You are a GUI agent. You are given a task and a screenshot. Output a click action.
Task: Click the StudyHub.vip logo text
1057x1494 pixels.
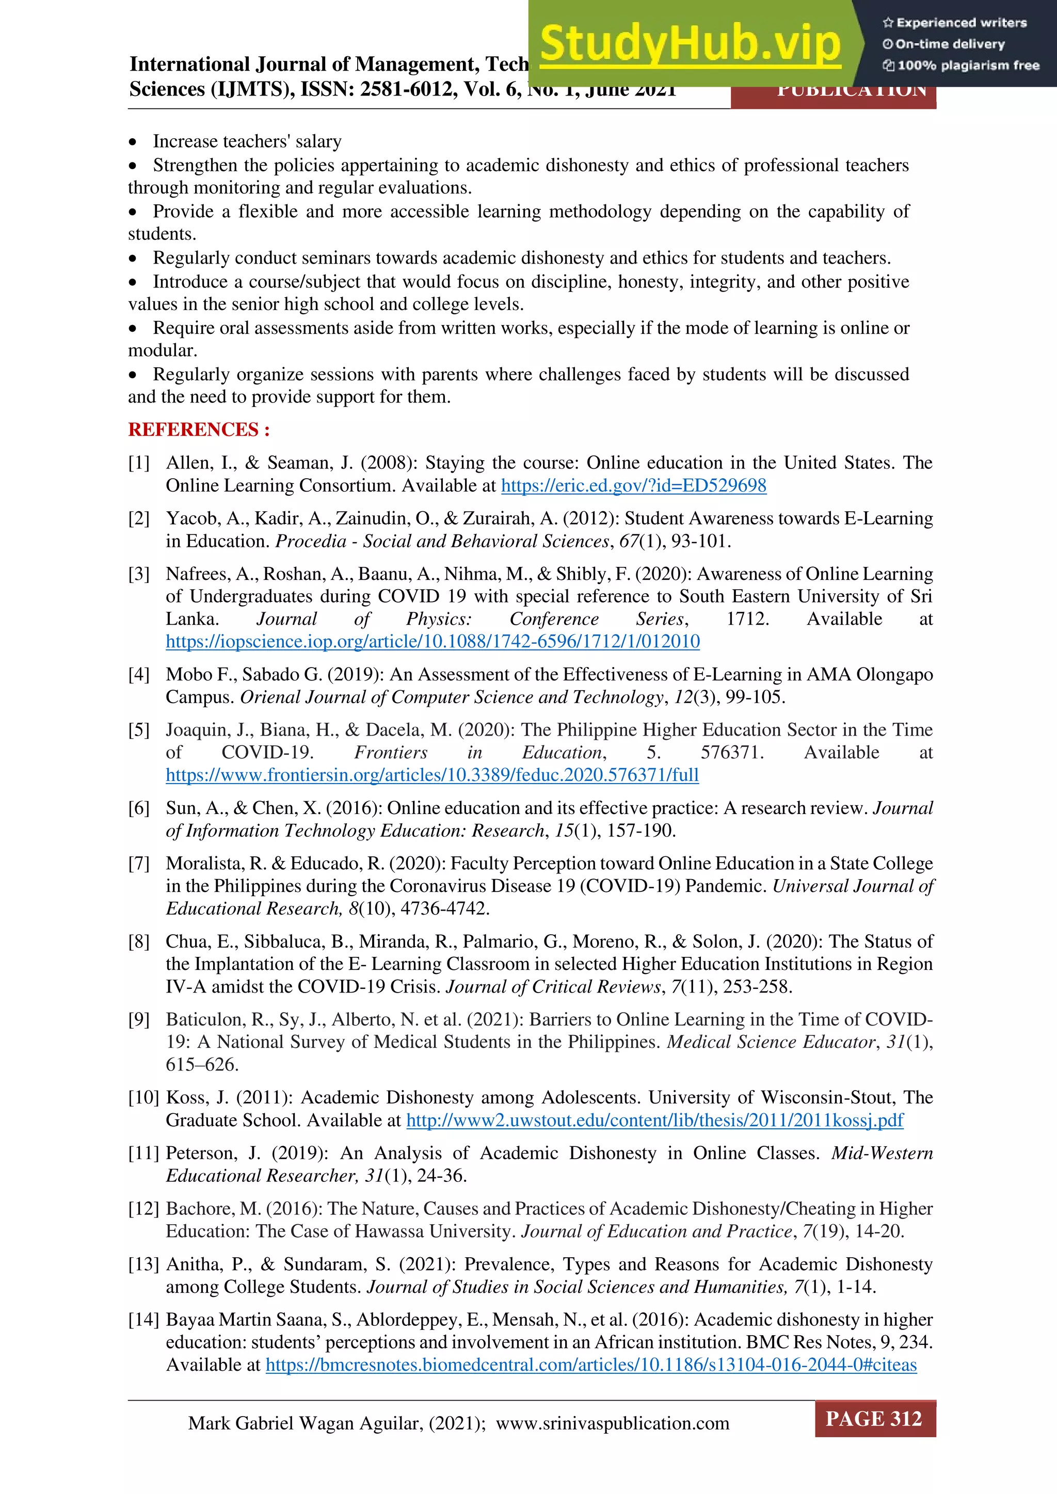coord(690,44)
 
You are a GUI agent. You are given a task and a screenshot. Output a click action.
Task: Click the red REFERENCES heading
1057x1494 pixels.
coord(199,429)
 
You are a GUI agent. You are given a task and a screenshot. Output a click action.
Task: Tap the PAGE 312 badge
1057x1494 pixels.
coord(874,1419)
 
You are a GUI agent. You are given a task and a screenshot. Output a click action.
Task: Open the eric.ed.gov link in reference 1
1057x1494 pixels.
coord(633,485)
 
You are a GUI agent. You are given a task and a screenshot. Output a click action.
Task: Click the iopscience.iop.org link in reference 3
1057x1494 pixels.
coord(433,642)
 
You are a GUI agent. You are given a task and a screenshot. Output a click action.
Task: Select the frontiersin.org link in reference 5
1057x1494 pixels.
coord(432,775)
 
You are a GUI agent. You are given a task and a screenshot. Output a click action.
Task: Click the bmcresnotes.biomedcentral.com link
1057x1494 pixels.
coord(591,1365)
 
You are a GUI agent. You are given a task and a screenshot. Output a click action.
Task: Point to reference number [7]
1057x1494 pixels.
coord(139,864)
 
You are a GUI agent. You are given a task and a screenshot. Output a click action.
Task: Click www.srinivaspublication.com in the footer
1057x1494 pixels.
coord(613,1423)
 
